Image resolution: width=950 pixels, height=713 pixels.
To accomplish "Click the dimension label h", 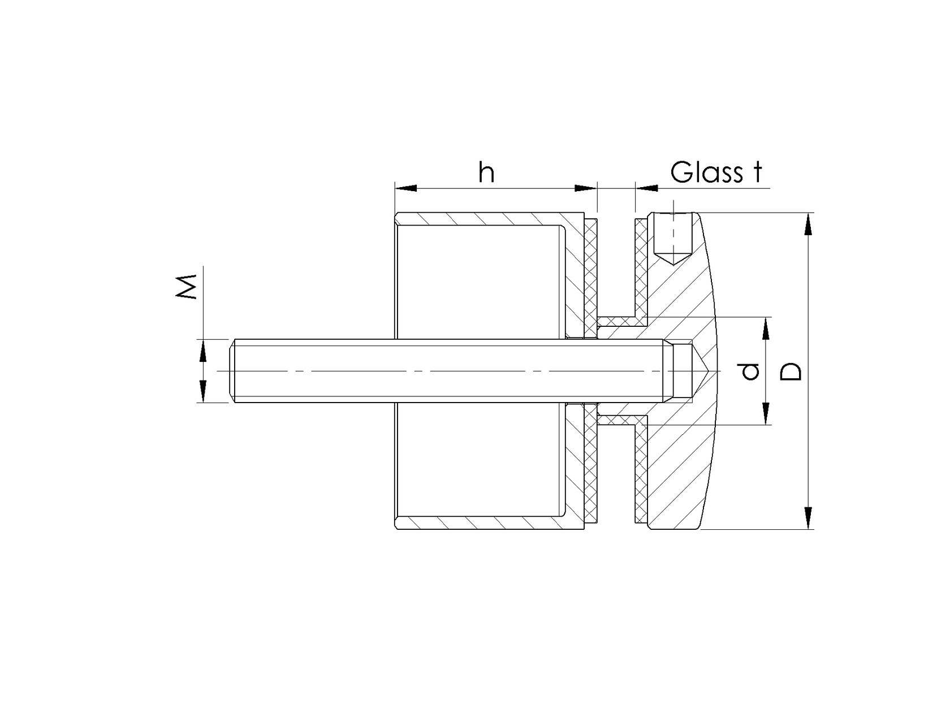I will tap(486, 172).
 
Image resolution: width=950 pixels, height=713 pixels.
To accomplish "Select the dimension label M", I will tap(186, 287).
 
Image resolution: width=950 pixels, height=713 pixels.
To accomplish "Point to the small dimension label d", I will tap(750, 371).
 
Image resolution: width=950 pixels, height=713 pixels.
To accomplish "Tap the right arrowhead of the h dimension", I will tap(586, 188).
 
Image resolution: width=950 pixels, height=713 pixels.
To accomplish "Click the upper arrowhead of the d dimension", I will tap(766, 329).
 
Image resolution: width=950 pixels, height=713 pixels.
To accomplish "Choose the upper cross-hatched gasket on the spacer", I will tap(590, 271).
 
